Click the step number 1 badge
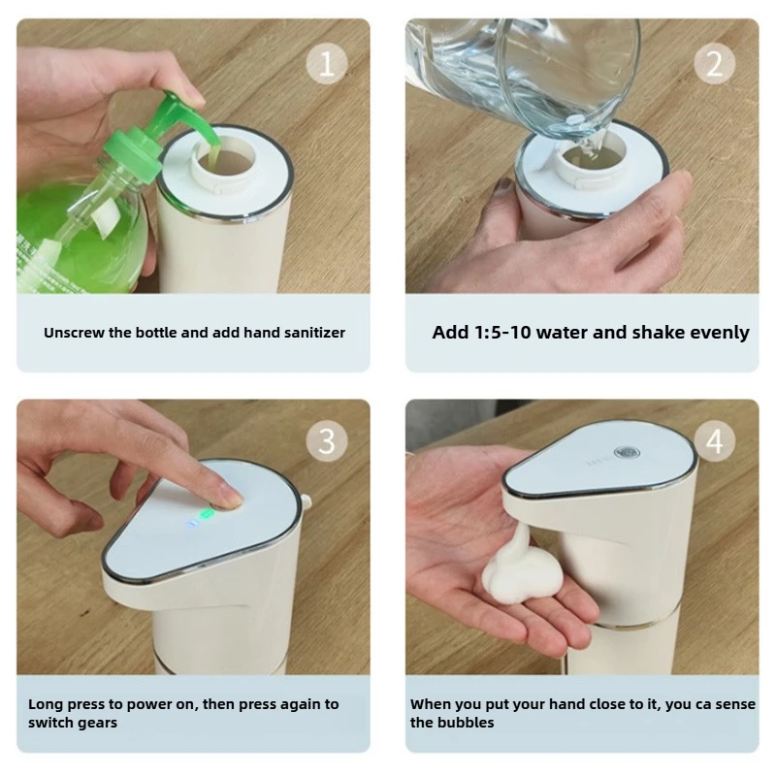326,64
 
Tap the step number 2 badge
714,64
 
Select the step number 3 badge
326,441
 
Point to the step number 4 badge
714,441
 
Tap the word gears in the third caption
100,723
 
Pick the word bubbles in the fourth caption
466,723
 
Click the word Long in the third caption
46,704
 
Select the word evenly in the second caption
719,333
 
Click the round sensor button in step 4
627,453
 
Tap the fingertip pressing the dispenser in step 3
228,499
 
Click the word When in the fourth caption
432,704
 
